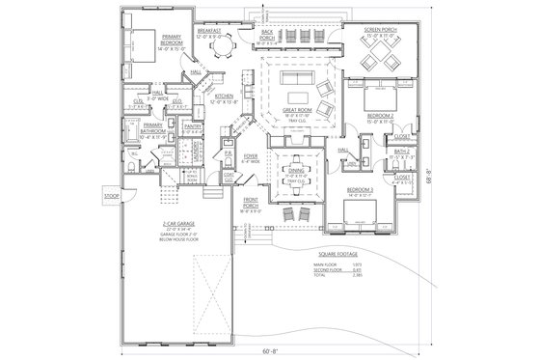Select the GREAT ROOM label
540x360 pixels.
coord(295,113)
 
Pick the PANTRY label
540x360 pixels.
coord(191,125)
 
